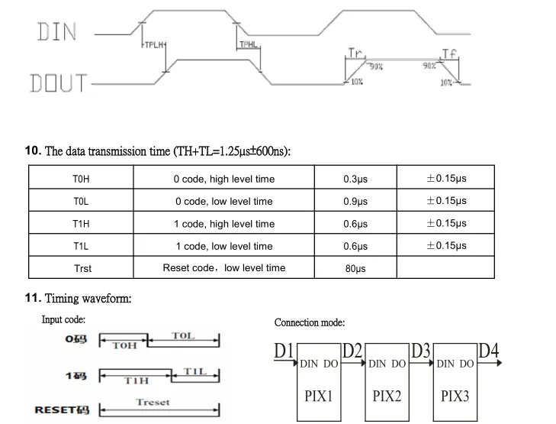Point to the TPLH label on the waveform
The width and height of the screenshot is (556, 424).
(155, 45)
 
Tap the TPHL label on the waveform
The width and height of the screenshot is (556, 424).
(249, 45)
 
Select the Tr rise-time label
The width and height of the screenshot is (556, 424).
(355, 53)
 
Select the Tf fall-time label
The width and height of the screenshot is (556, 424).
(450, 53)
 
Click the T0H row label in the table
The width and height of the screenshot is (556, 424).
(82, 180)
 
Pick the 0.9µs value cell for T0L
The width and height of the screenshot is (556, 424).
(355, 202)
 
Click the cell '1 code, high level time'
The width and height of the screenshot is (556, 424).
(224, 224)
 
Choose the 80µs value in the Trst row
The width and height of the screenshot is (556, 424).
(355, 269)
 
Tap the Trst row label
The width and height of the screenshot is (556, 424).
(82, 268)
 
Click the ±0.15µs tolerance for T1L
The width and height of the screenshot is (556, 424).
(446, 246)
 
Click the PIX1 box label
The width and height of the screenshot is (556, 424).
(319, 396)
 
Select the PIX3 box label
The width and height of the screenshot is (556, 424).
(456, 396)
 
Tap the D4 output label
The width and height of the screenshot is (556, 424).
(489, 351)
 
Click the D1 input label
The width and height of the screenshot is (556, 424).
(284, 351)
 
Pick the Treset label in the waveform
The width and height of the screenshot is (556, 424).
(153, 402)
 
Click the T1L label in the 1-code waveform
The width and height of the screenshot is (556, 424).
(195, 371)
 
